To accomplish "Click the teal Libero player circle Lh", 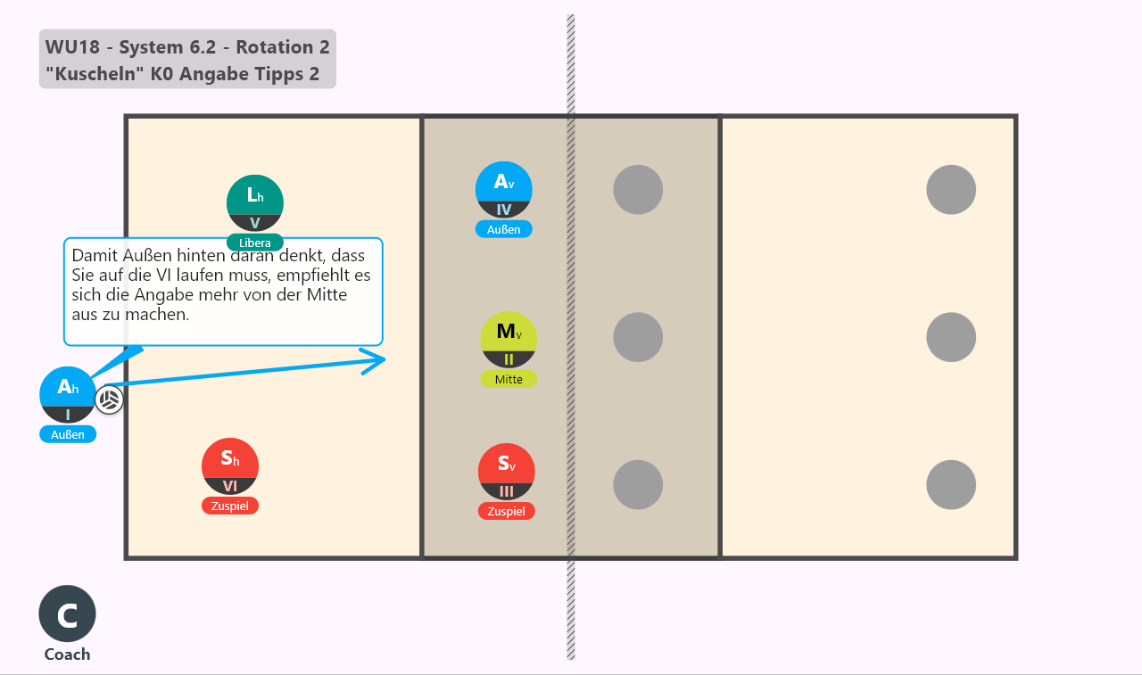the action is pos(255,202).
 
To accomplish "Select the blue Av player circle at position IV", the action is pos(504,190).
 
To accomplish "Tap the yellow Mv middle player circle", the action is pos(509,340).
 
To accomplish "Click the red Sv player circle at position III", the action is pos(506,472).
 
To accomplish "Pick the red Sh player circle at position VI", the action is pos(230,466).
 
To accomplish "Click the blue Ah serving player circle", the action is pos(68,395).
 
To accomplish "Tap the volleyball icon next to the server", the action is pos(109,399).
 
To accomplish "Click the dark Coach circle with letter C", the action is pos(67,613).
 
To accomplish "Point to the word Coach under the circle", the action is pos(67,654).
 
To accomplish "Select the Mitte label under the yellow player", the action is pos(509,380).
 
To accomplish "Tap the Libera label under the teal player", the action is pos(255,243).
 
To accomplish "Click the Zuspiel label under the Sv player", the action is pos(506,512).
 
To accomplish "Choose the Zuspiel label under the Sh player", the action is pos(230,506).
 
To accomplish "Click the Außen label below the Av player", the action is pos(504,230).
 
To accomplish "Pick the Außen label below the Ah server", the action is pos(68,434).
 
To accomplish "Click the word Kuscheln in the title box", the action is pos(95,74).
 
